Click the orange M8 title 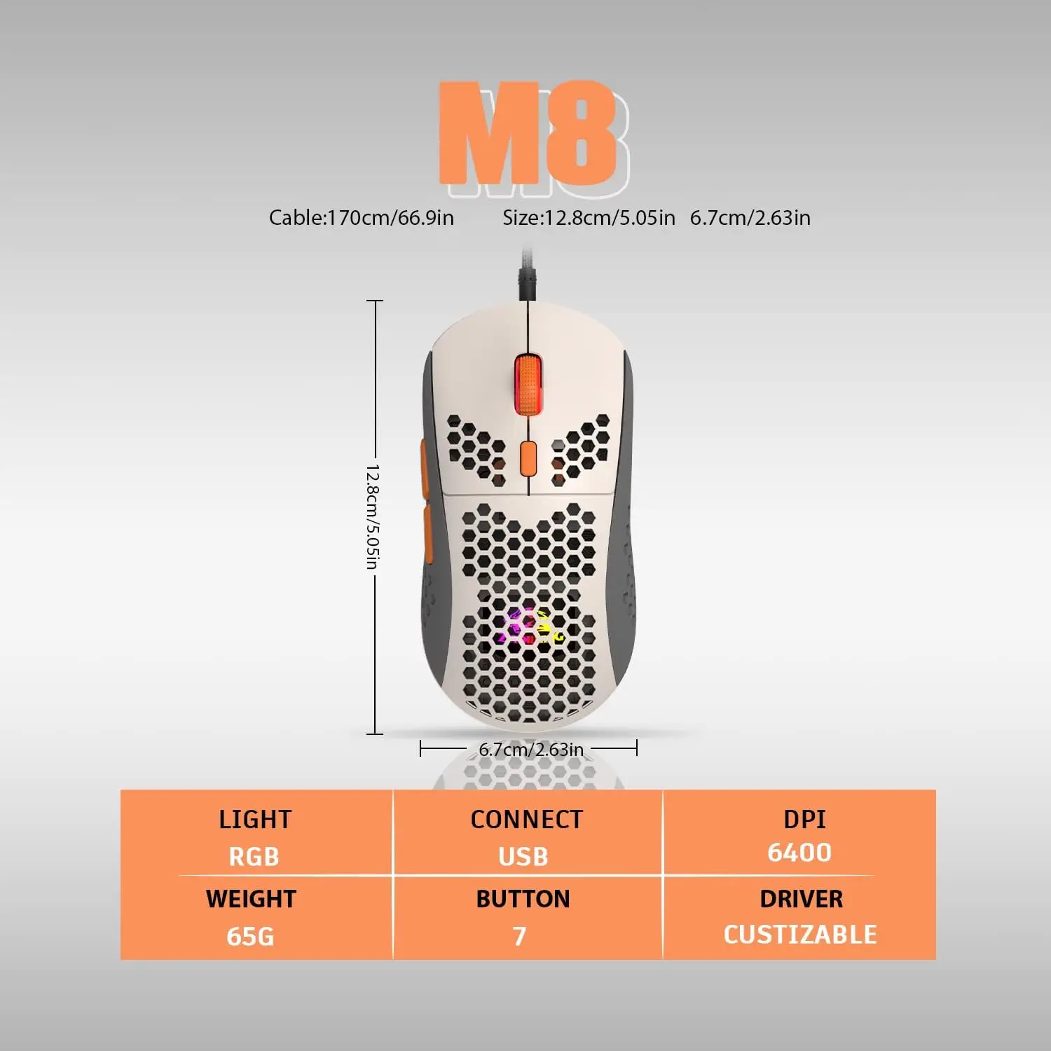527,133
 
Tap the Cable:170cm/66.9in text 361,218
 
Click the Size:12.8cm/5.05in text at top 589,218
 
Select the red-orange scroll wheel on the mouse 527,385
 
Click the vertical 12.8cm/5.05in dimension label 373,516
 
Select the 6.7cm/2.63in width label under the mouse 530,750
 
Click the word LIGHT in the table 254,820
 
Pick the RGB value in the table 254,857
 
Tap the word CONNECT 526,820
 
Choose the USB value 523,857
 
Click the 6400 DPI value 799,853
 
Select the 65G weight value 250,936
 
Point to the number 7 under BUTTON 519,936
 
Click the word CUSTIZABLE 799,935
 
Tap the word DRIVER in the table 801,899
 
